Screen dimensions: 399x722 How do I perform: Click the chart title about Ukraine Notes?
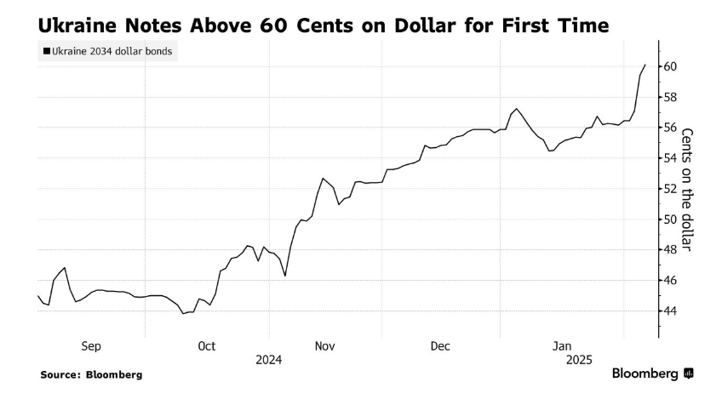point(323,25)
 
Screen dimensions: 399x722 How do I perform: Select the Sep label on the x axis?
point(91,345)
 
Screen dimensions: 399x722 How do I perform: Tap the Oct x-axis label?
point(206,345)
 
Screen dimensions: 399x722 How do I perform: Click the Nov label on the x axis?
point(324,345)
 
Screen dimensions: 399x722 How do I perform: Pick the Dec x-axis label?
point(440,345)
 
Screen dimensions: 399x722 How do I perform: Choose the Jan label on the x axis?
point(561,345)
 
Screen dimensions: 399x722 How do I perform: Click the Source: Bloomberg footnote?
point(91,374)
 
